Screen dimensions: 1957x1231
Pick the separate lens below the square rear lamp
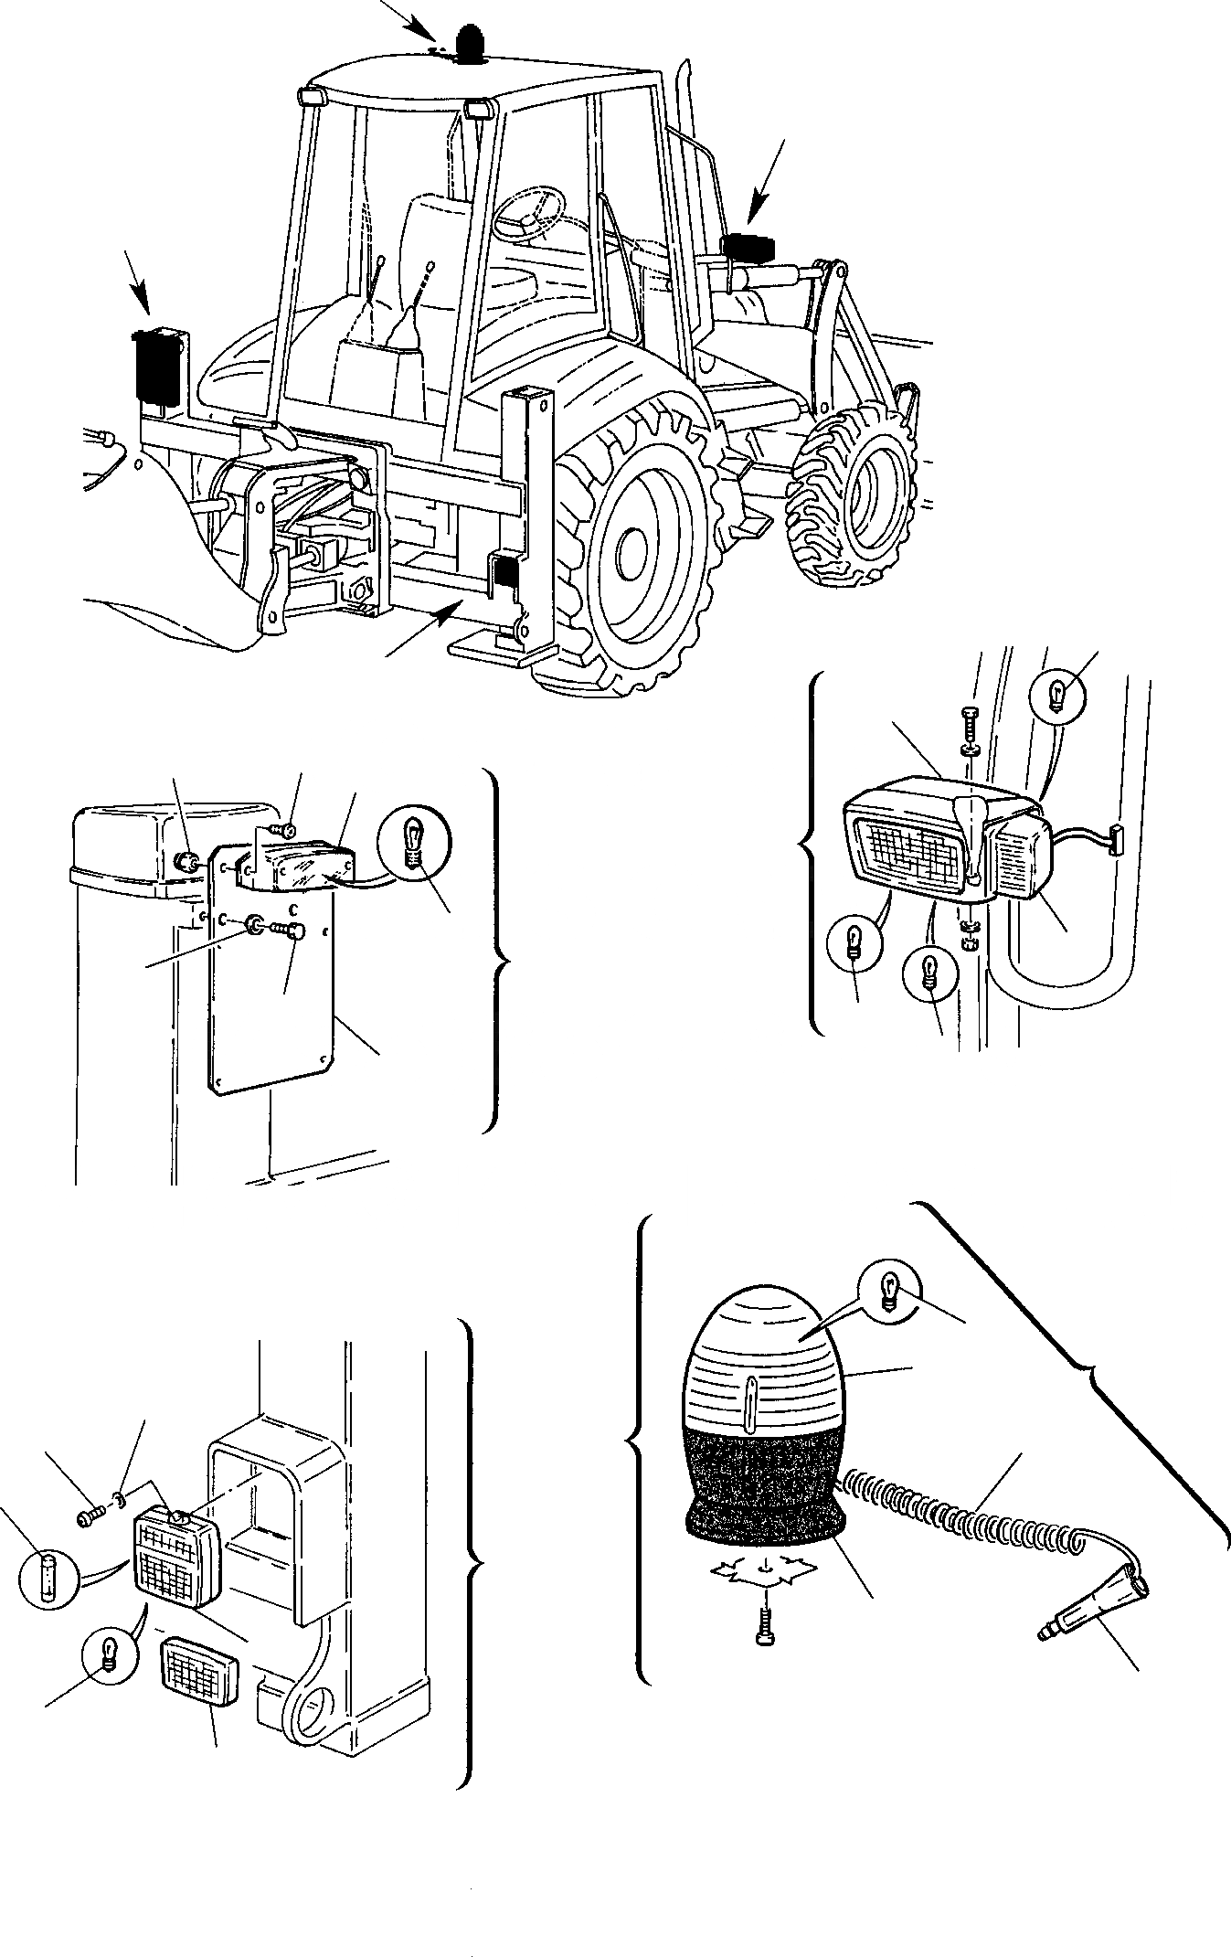[x=199, y=1671]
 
